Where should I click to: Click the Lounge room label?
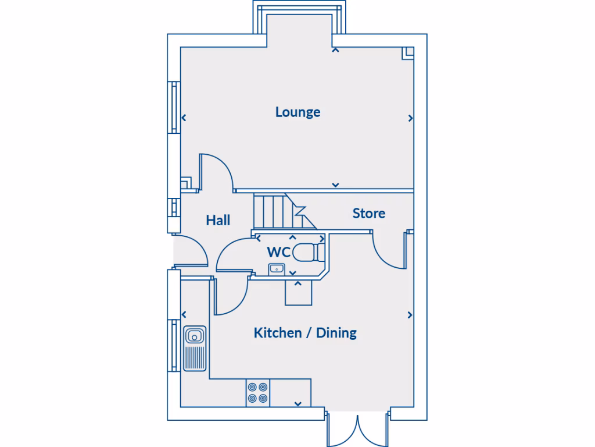click(297, 112)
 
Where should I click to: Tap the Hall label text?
click(218, 220)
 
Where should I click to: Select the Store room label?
click(369, 214)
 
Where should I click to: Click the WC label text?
click(278, 253)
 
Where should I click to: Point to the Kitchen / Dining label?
click(305, 333)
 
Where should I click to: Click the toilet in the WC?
click(309, 253)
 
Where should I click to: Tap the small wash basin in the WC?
click(276, 268)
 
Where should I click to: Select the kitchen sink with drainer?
click(195, 348)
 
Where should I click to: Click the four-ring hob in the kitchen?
click(257, 392)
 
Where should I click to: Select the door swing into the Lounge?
click(216, 172)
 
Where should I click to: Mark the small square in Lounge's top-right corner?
click(409, 52)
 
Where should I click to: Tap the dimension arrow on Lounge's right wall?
click(410, 118)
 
